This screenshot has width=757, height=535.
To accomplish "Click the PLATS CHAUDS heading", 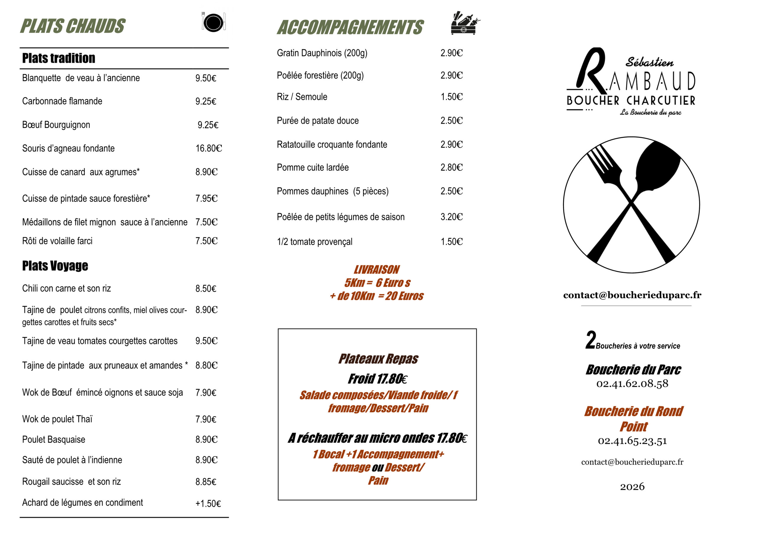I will coord(72,26).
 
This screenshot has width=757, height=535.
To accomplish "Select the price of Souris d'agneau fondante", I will coord(209,148).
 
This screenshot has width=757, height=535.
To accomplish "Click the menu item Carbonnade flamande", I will coord(62,101).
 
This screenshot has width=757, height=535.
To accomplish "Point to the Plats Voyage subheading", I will coord(55,266).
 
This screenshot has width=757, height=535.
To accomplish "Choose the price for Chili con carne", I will coord(206,289).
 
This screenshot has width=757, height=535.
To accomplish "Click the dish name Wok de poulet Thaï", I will coord(57,419).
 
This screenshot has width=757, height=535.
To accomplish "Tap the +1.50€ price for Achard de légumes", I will coord(208,504).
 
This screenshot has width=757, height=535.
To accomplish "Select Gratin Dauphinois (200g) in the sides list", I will coord(322,53).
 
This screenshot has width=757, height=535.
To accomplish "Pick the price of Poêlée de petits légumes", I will coord(451,217).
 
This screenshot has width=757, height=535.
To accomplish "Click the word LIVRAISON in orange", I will coord(376,270).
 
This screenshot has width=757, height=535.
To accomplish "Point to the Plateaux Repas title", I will coord(378,359).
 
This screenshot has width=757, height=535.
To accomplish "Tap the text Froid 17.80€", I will coord(378,379).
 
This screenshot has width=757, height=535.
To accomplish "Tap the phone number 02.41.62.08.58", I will coord(632,384).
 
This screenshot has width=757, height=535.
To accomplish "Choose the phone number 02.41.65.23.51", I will coord(632,441).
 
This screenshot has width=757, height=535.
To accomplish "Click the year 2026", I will coord(632,487).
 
